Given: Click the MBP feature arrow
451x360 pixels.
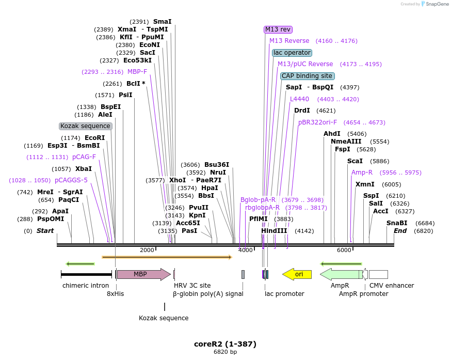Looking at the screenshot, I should click(143, 274).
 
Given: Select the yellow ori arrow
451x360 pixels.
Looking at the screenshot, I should click(297, 274).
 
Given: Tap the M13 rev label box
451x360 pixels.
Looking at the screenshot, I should click(278, 29).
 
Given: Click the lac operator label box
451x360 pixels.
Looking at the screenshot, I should click(292, 53).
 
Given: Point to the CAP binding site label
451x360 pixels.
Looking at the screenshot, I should click(307, 76).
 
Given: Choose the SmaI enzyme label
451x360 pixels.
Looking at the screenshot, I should click(162, 22).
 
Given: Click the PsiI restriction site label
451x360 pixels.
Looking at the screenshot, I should click(125, 95).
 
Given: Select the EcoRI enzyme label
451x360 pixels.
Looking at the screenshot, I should click(94, 138).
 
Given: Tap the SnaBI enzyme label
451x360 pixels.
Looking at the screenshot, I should click(397, 223).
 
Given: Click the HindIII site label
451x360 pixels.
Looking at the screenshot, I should click(275, 231).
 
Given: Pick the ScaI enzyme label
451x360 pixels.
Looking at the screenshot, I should click(355, 161).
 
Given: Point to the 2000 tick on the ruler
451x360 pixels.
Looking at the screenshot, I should click(147, 250).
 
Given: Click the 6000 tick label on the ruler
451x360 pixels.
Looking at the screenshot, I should click(344, 250).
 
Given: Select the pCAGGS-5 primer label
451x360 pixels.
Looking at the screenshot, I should click(71, 180).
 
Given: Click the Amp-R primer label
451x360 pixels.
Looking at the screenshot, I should click(362, 173).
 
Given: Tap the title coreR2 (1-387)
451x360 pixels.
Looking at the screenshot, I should click(225, 344).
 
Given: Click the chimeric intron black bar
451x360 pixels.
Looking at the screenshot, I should click(86, 274).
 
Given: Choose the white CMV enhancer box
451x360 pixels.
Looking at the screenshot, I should click(378, 274).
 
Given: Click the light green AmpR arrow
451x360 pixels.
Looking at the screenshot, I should click(341, 274).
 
